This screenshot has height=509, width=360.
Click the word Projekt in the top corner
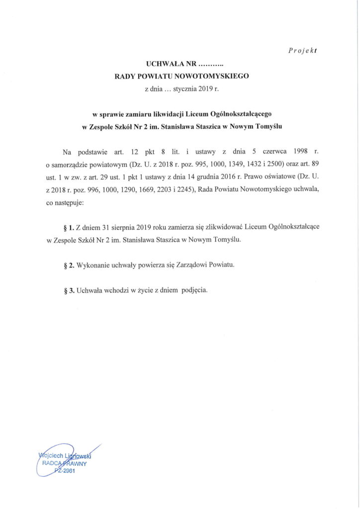(x=303, y=50)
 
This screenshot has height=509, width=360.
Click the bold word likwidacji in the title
(x=167, y=114)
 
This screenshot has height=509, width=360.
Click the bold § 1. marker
(x=70, y=227)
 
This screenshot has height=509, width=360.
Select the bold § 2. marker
(x=70, y=265)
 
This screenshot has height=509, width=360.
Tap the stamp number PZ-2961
(x=65, y=471)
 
